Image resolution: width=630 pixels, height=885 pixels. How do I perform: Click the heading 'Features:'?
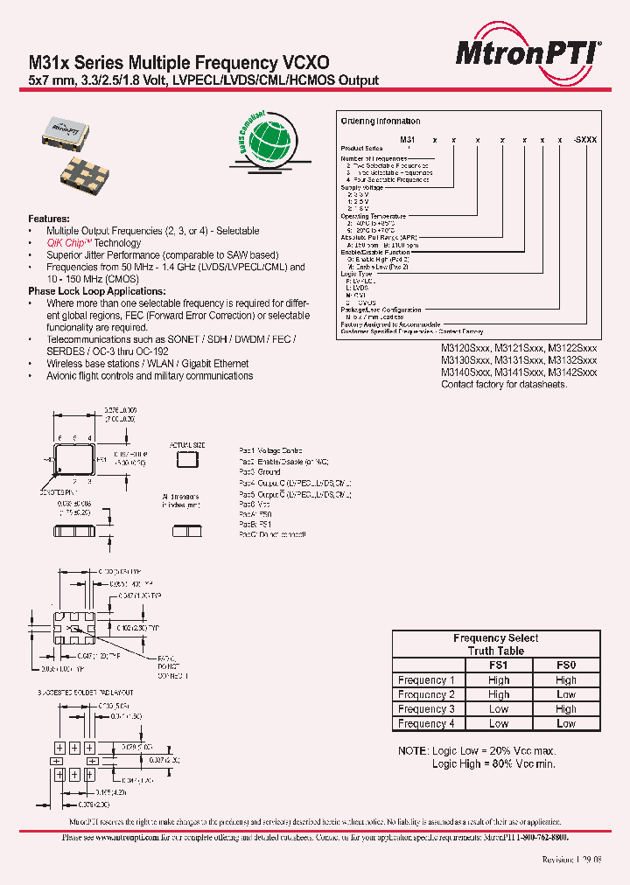click(x=49, y=219)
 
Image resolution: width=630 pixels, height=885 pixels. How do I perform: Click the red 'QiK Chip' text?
click(x=69, y=243)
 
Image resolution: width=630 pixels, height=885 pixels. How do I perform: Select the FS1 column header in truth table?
click(x=499, y=665)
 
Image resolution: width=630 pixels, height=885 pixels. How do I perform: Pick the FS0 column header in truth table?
click(x=566, y=665)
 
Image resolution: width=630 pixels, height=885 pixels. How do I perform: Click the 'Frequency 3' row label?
click(x=426, y=709)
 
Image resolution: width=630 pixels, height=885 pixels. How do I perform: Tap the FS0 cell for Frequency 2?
click(x=566, y=694)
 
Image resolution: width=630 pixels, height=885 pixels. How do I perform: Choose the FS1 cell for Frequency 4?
click(x=499, y=724)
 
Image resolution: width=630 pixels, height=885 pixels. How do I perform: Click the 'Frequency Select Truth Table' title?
click(x=496, y=645)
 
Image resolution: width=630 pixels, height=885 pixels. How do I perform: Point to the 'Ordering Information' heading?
click(x=381, y=122)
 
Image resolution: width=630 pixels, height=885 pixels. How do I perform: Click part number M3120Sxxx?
click(x=465, y=347)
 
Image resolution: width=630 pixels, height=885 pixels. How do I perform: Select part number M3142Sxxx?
click(x=573, y=372)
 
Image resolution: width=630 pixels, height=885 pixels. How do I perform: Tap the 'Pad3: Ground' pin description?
click(x=260, y=472)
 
